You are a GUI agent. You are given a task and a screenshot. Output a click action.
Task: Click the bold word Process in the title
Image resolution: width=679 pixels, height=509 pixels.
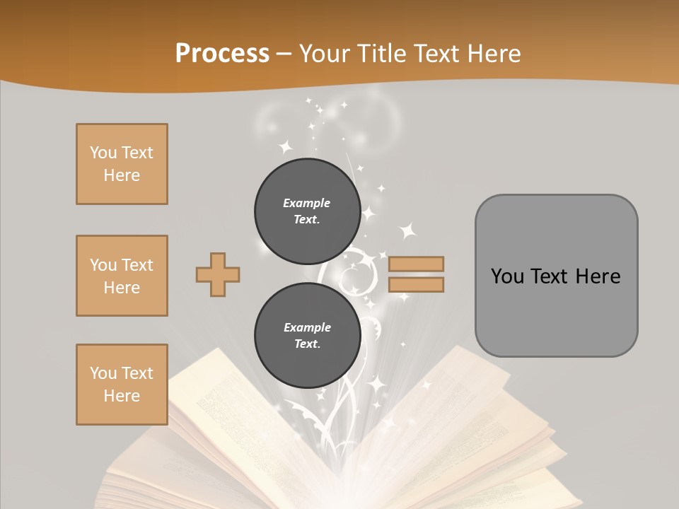click(x=222, y=54)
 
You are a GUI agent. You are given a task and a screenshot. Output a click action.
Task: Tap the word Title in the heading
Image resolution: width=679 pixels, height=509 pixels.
click(x=382, y=54)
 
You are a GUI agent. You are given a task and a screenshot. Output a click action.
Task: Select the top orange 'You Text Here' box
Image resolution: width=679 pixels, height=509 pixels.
click(x=122, y=164)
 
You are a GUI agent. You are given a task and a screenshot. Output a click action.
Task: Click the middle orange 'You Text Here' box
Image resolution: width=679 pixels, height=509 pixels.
click(x=122, y=276)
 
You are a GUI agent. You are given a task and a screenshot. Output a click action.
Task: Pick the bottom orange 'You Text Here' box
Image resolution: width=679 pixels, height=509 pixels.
click(x=122, y=385)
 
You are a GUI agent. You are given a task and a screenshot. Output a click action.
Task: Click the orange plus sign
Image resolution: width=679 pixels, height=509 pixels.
click(x=218, y=274)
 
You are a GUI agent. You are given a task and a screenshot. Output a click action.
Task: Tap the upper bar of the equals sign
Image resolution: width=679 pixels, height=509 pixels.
click(x=417, y=264)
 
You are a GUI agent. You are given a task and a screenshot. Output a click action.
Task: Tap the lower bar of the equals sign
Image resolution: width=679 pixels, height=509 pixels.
click(x=417, y=285)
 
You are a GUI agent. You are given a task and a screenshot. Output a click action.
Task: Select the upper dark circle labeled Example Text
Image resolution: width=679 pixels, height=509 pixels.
click(x=307, y=211)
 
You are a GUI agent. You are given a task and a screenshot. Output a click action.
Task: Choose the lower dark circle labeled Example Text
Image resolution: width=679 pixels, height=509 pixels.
click(x=307, y=335)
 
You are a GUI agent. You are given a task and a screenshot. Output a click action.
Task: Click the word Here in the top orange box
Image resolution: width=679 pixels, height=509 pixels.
click(x=122, y=175)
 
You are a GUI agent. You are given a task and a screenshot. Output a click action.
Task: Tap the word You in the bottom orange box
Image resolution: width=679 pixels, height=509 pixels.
click(x=103, y=373)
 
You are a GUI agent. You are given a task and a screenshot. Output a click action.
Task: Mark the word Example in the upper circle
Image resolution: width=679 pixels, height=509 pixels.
click(x=307, y=203)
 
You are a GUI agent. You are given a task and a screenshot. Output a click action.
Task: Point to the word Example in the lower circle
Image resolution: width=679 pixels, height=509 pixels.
click(x=307, y=327)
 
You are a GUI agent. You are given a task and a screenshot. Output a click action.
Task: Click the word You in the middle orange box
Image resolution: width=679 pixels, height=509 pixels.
click(x=103, y=265)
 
